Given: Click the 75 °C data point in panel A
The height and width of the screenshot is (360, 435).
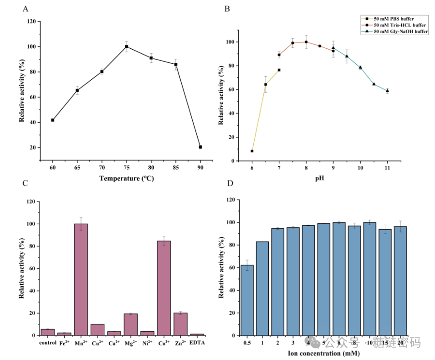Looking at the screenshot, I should tap(127, 46).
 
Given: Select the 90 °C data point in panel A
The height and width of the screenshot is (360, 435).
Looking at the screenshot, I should tap(200, 147).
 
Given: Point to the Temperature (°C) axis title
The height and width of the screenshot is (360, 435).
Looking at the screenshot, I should tap(127, 179).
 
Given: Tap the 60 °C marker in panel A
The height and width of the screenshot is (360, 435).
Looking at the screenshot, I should tap(53, 120).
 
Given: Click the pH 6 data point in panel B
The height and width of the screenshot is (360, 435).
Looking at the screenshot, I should tap(252, 151).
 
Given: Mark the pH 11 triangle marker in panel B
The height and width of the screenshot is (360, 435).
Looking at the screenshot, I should tap(387, 91).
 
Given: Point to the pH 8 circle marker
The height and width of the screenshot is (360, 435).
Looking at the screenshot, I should tap(306, 42).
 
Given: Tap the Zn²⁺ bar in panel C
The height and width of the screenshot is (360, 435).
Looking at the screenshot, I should tap(181, 324).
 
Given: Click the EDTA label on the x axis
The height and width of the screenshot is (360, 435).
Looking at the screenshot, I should tap(197, 343).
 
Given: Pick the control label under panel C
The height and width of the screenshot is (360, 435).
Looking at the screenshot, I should tap(47, 343).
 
